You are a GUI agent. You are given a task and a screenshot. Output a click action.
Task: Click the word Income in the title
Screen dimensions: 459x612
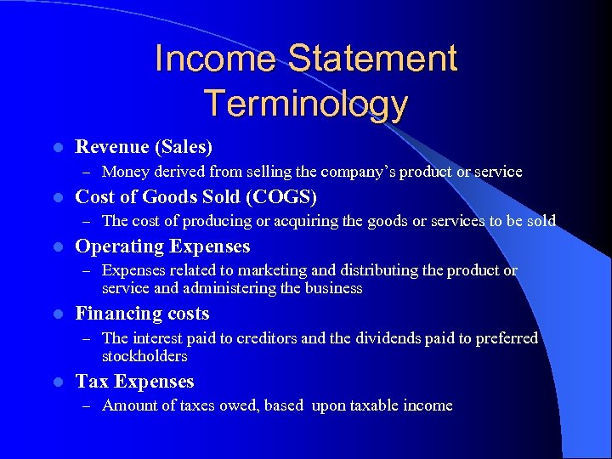(x=216, y=59)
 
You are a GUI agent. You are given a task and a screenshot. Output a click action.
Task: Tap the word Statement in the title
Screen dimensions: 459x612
(x=372, y=59)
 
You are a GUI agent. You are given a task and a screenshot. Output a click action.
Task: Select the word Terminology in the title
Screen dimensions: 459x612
(x=306, y=104)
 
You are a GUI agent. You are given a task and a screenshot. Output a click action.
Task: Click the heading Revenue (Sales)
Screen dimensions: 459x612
(x=144, y=147)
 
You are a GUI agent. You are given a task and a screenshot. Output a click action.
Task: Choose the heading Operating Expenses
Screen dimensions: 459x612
(x=162, y=246)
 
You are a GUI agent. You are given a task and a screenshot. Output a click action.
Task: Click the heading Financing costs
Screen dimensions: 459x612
(x=142, y=314)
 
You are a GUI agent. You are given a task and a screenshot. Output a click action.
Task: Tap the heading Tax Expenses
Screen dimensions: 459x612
(x=134, y=382)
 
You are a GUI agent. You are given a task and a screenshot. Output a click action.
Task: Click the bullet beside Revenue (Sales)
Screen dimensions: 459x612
(x=56, y=148)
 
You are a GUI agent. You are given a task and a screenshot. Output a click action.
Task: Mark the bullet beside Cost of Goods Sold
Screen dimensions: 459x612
(x=56, y=198)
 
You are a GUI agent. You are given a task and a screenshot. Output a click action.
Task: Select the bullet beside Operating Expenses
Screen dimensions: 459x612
(x=56, y=247)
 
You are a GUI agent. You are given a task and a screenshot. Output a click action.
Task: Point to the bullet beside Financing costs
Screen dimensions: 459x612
(x=56, y=314)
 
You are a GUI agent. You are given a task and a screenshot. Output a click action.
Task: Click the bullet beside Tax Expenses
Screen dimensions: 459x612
(x=56, y=382)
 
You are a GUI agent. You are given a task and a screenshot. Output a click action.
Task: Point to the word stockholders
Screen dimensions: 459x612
(x=144, y=355)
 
